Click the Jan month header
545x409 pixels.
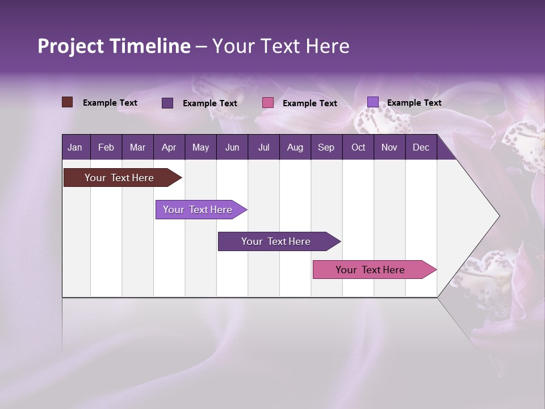[75, 147]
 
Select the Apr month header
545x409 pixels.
[169, 147]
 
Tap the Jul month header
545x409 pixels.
[263, 147]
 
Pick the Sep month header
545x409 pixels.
[326, 147]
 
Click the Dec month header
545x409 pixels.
[421, 147]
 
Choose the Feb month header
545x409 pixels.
[106, 147]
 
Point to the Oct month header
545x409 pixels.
[358, 147]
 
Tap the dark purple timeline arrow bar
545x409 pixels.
[276, 241]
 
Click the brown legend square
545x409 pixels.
[67, 102]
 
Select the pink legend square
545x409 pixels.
[268, 103]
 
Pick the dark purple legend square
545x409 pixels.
[167, 103]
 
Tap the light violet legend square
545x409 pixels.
[372, 102]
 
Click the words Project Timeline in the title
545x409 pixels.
[114, 46]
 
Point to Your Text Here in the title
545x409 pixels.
[280, 46]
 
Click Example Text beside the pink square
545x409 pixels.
[309, 103]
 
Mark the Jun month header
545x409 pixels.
[232, 147]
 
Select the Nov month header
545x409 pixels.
[389, 147]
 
